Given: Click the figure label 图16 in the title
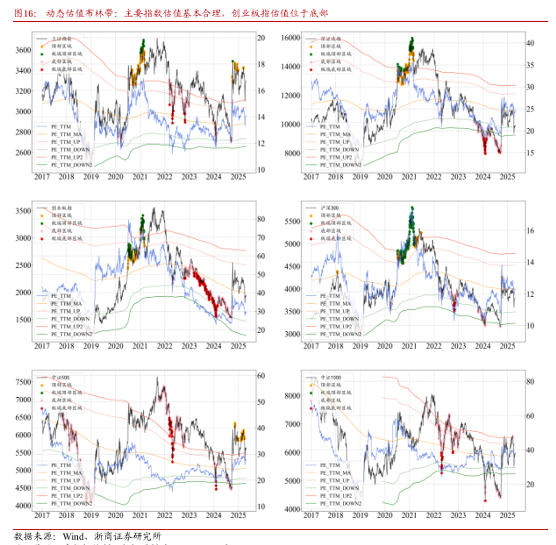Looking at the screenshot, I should coord(25,14).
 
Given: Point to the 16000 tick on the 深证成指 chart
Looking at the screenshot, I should coord(290,39).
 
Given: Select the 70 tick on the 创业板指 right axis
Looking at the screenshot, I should coord(260,237).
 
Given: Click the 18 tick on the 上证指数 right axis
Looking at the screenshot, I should coord(260,65).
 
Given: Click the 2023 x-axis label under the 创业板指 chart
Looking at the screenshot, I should coord(189,346).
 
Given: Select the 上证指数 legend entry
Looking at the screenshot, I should coord(62,39).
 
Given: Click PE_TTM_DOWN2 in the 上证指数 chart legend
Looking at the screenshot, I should coord(71,164).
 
